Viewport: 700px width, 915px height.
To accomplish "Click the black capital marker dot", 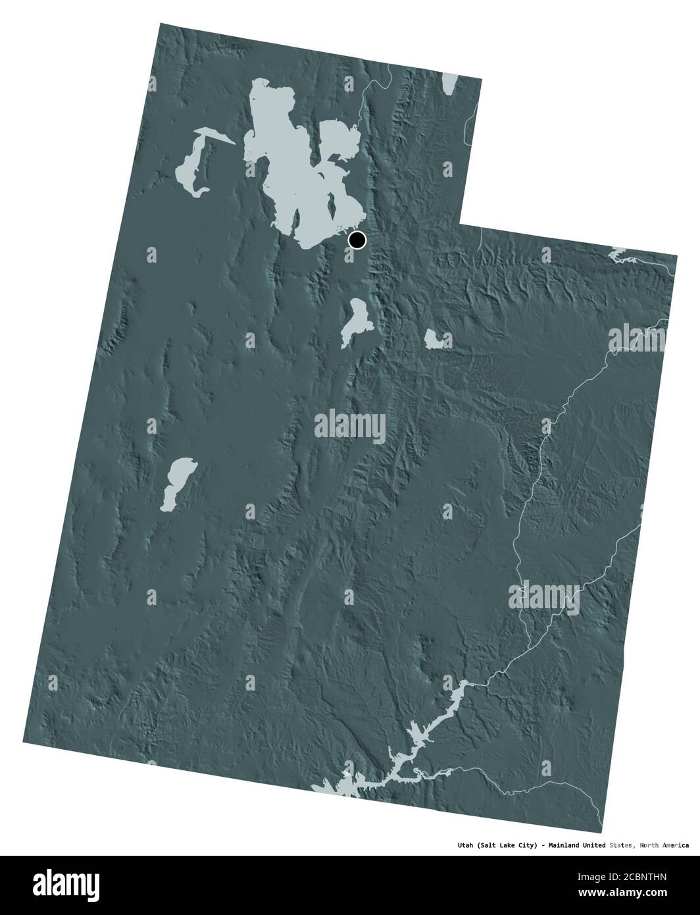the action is pyautogui.click(x=357, y=240).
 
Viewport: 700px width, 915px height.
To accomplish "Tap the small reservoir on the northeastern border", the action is pyautogui.click(x=618, y=253).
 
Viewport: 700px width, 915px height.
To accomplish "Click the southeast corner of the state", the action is pyautogui.click(x=601, y=833).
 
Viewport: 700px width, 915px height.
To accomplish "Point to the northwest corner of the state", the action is pyautogui.click(x=160, y=24).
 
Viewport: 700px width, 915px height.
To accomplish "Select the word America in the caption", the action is pyautogui.click(x=672, y=845).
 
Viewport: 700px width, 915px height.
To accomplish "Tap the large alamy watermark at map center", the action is pyautogui.click(x=350, y=423).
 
